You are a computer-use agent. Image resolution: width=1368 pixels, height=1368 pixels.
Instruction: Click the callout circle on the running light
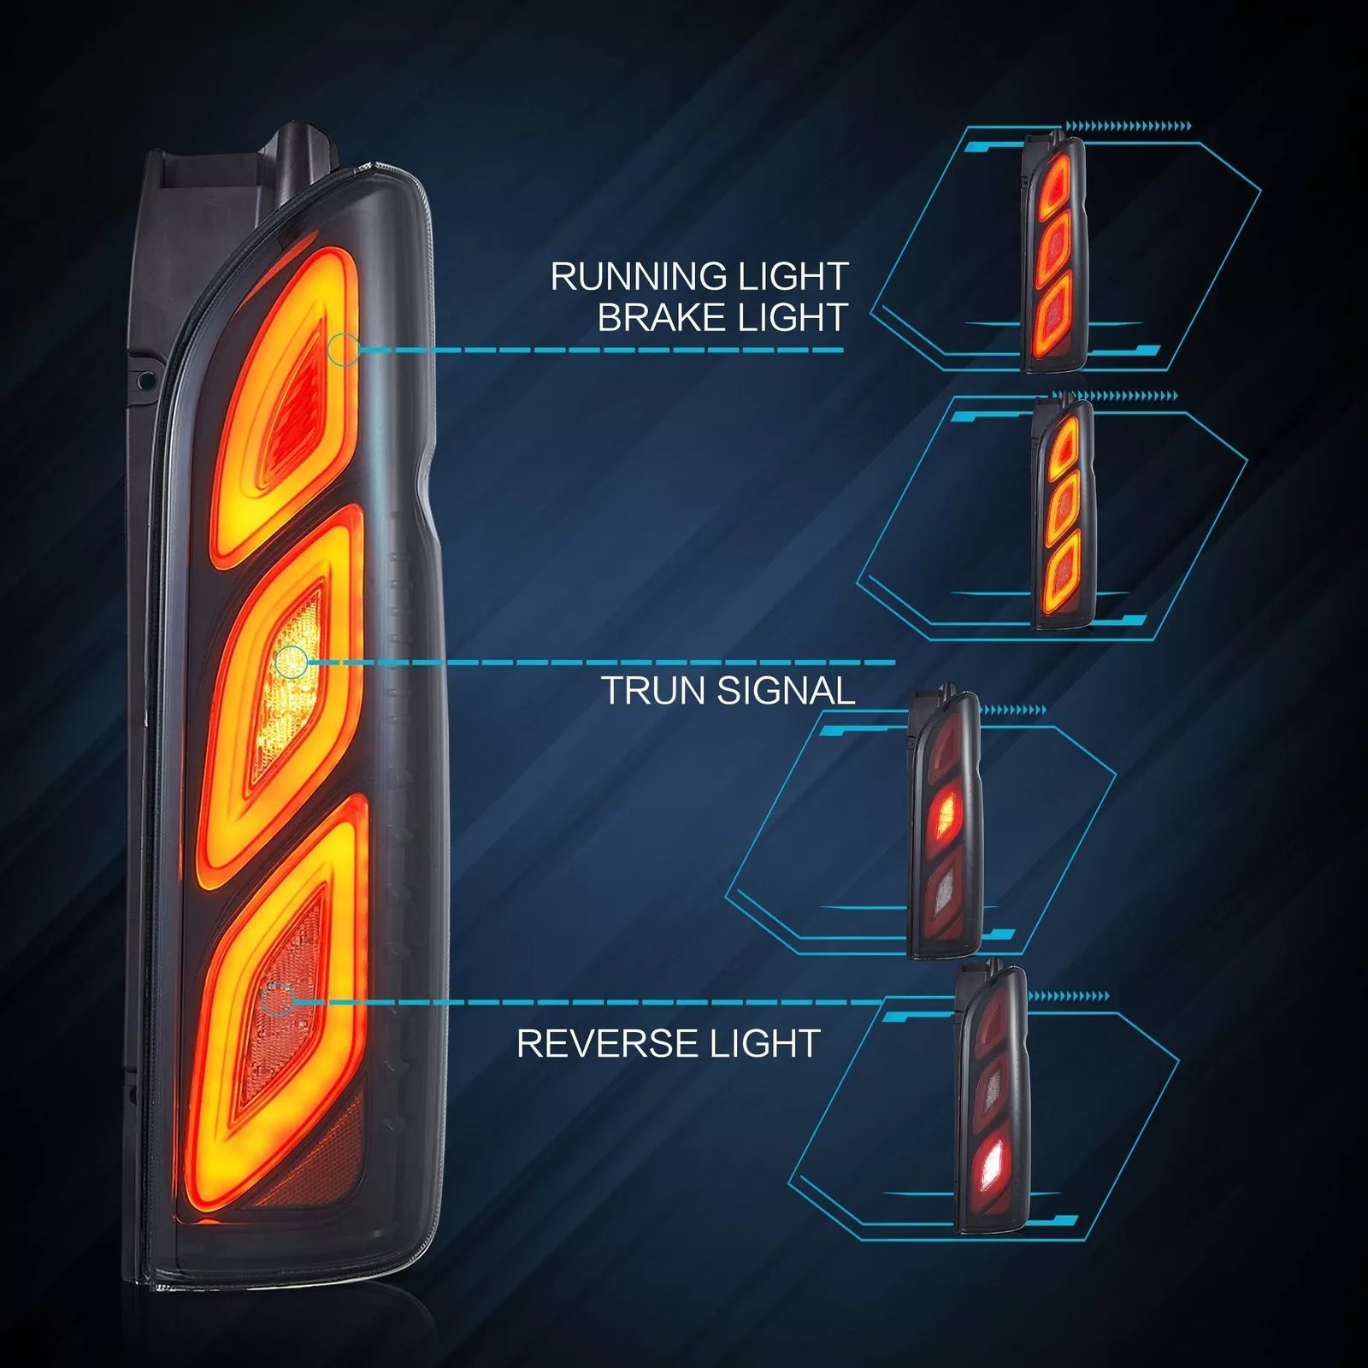click(x=344, y=350)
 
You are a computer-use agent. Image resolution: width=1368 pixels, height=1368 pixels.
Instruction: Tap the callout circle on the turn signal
click(x=292, y=662)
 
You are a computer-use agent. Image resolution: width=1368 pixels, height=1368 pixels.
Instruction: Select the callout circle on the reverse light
click(x=277, y=999)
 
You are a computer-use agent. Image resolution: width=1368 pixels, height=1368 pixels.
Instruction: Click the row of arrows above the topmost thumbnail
click(x=1128, y=127)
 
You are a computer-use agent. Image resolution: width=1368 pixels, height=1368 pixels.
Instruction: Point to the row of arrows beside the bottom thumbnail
click(x=1069, y=996)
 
